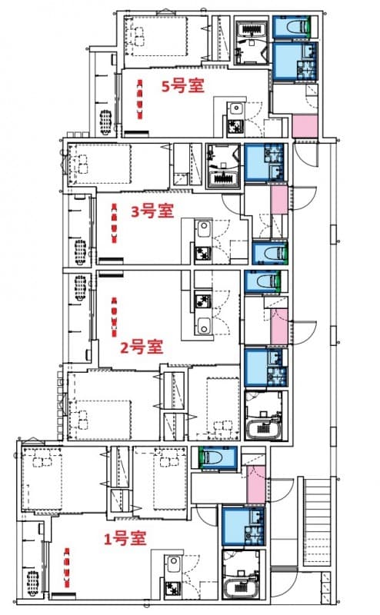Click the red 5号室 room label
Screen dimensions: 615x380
(x=182, y=85)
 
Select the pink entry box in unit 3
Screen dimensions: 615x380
(x=278, y=199)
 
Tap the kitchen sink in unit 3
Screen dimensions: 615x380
(x=204, y=229)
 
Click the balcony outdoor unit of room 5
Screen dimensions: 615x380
(x=105, y=121)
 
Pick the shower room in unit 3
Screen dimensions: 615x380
(x=225, y=165)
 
